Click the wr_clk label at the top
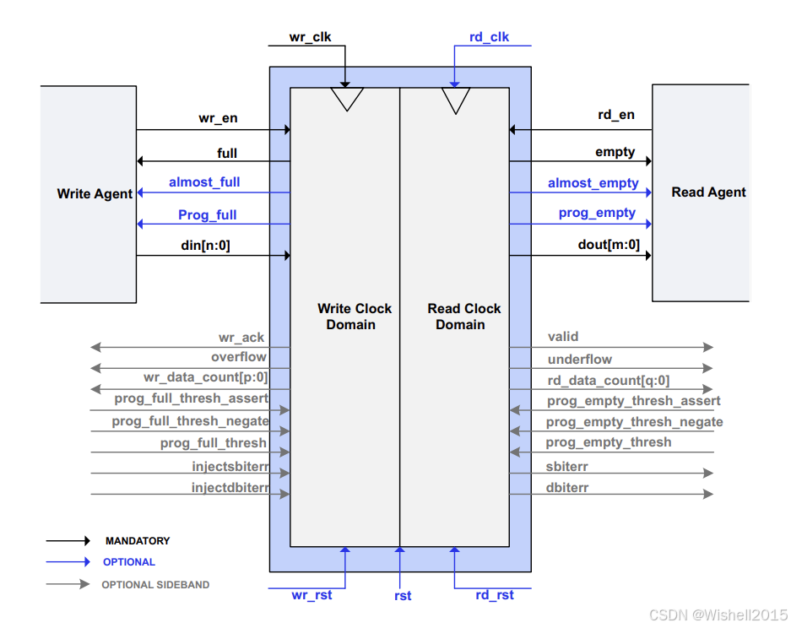pyautogui.click(x=310, y=37)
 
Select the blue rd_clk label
pyautogui.click(x=489, y=37)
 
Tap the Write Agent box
pyautogui.click(x=89, y=194)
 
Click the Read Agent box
pyautogui.click(x=700, y=192)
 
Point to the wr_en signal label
pyautogui.click(x=218, y=118)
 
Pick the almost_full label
pyautogui.click(x=204, y=181)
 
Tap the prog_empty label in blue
pyautogui.click(x=597, y=213)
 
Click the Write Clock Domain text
pyautogui.click(x=355, y=317)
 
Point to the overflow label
pyautogui.click(x=239, y=357)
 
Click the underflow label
pyautogui.click(x=580, y=359)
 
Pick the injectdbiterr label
pyautogui.click(x=230, y=487)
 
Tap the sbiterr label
pyautogui.click(x=568, y=467)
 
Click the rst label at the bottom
pyautogui.click(x=403, y=596)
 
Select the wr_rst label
pyautogui.click(x=312, y=595)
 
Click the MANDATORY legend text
pyautogui.click(x=138, y=541)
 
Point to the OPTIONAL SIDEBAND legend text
pyautogui.click(x=155, y=584)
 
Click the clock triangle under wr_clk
pyautogui.click(x=345, y=100)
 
